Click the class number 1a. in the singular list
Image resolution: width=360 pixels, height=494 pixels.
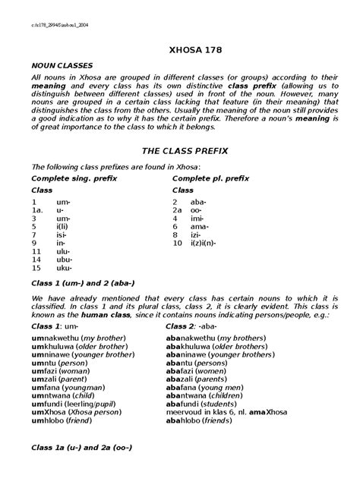[36, 209]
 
